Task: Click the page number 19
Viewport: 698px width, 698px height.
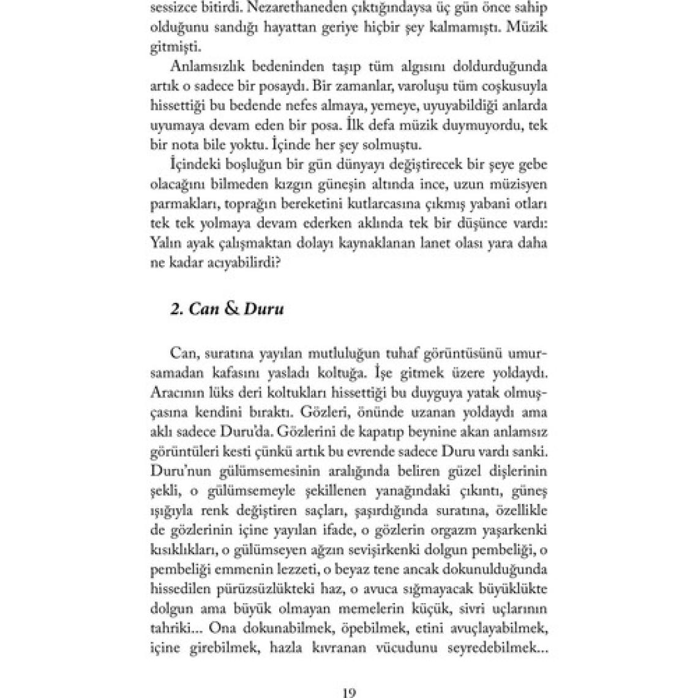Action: coord(348,693)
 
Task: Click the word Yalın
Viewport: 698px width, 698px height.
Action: coord(163,243)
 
